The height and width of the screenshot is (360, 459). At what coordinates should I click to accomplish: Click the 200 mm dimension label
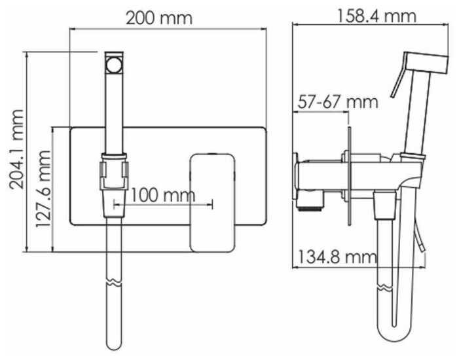pyautogui.click(x=159, y=18)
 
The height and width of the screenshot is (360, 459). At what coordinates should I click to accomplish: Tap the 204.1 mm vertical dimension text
pyautogui.click(x=16, y=149)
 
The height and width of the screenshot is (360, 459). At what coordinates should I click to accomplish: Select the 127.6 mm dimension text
pyautogui.click(x=43, y=189)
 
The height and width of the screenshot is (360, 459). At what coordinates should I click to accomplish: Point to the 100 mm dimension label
pyautogui.click(x=163, y=195)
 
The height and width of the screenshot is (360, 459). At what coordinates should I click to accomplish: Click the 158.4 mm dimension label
pyautogui.click(x=376, y=16)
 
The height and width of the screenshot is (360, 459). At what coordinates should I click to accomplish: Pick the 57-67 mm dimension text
pyautogui.click(x=338, y=102)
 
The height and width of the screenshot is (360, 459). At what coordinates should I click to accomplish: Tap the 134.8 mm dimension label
pyautogui.click(x=337, y=257)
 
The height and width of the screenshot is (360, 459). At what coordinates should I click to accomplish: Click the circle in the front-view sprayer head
pyautogui.click(x=114, y=65)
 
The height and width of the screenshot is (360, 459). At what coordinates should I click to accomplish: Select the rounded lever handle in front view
pyautogui.click(x=213, y=203)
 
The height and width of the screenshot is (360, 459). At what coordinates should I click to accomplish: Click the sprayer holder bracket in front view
pyautogui.click(x=115, y=171)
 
